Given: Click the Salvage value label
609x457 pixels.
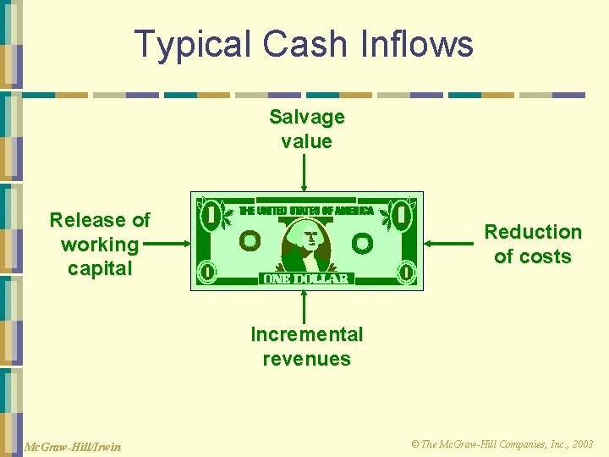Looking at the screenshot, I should [x=306, y=129].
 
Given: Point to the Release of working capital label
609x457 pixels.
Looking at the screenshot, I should [x=100, y=245].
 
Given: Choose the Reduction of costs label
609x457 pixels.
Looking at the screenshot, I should [x=533, y=244].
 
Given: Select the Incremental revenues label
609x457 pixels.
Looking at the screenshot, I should [x=306, y=346].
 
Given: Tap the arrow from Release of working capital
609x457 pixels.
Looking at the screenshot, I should [x=169, y=244].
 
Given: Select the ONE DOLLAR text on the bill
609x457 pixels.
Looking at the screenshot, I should [x=306, y=278].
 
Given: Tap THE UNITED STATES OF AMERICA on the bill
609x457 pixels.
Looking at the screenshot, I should [x=306, y=210].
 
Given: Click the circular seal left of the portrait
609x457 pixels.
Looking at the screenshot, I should [x=250, y=242].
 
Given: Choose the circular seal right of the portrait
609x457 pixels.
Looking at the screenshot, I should [x=363, y=244].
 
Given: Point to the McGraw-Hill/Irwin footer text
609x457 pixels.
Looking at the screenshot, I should [x=72, y=446].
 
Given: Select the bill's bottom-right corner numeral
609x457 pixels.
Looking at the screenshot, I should [x=407, y=273].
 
